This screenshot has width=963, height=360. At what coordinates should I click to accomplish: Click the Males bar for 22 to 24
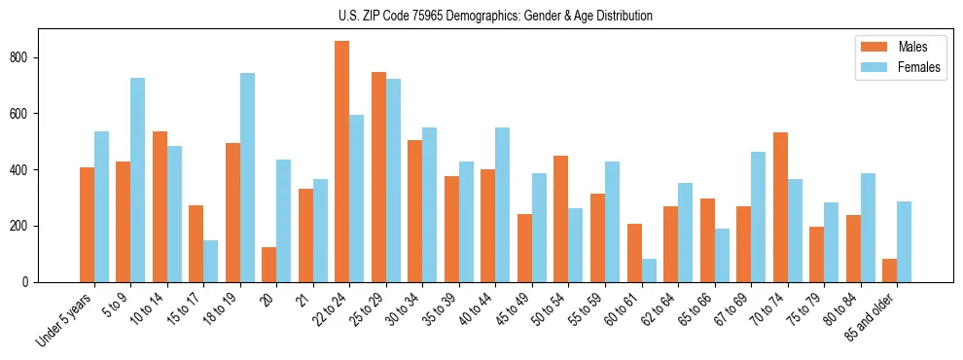(x=342, y=162)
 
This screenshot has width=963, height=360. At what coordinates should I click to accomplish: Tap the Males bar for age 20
(x=269, y=265)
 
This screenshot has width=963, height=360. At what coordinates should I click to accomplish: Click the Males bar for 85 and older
(x=889, y=270)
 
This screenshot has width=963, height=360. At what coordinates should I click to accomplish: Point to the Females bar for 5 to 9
(x=138, y=180)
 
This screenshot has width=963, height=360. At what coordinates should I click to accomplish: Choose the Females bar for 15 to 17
(x=211, y=261)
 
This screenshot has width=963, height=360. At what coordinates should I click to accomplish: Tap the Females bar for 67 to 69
(x=758, y=217)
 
